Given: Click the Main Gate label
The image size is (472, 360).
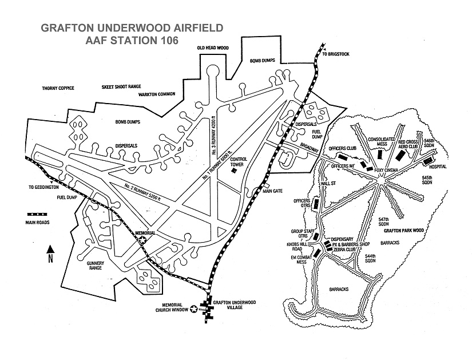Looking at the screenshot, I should [x=274, y=192].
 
